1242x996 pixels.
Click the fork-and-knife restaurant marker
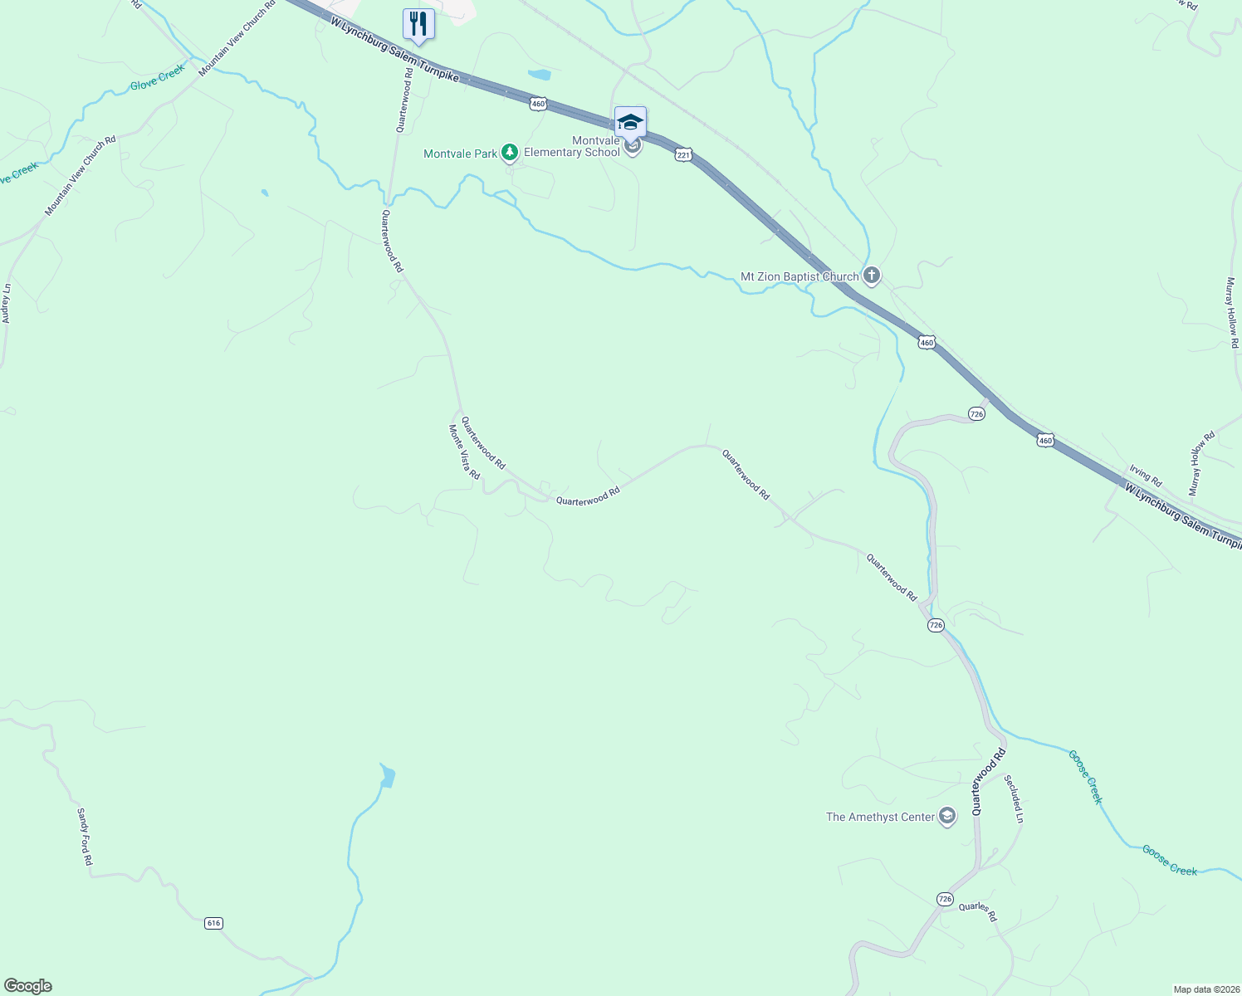point(418,24)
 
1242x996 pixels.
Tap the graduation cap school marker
point(630,122)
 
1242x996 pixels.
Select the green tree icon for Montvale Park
point(510,153)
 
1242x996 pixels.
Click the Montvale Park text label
point(460,154)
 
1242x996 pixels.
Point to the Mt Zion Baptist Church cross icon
point(871,275)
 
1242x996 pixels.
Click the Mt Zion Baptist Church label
point(799,276)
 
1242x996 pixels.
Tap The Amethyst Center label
point(880,817)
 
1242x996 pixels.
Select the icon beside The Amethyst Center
point(947,817)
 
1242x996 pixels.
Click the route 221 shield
point(683,155)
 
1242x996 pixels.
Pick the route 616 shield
point(213,923)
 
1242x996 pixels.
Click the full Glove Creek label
point(157,80)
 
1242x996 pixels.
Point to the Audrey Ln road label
point(7,304)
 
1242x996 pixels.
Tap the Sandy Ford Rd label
point(85,837)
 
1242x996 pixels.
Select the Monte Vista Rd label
point(464,452)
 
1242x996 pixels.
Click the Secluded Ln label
point(1014,798)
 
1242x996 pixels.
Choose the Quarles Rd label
point(977,911)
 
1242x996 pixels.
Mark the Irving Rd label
point(1145,476)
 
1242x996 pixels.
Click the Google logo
point(28,986)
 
